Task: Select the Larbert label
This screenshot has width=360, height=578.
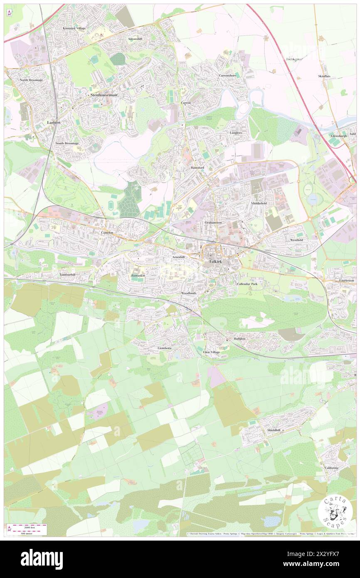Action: click(x=54, y=123)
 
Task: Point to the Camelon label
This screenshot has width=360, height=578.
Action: click(x=107, y=233)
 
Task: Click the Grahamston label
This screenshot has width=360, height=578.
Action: click(x=213, y=223)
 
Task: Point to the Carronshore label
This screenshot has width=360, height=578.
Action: click(x=227, y=76)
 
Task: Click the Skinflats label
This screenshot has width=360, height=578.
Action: click(x=325, y=77)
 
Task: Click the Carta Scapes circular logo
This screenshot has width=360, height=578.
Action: click(x=335, y=512)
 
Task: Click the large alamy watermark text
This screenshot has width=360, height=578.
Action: click(x=42, y=559)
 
